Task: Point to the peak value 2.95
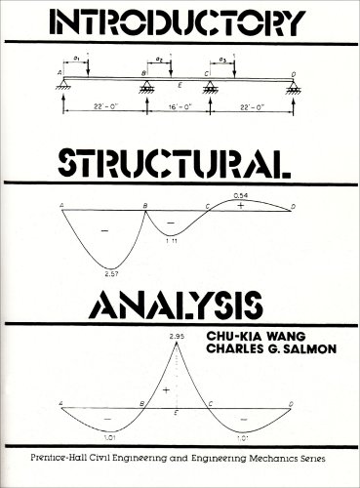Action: pos(177,335)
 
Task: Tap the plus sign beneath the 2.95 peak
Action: pos(167,389)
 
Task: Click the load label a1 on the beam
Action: pos(78,61)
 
